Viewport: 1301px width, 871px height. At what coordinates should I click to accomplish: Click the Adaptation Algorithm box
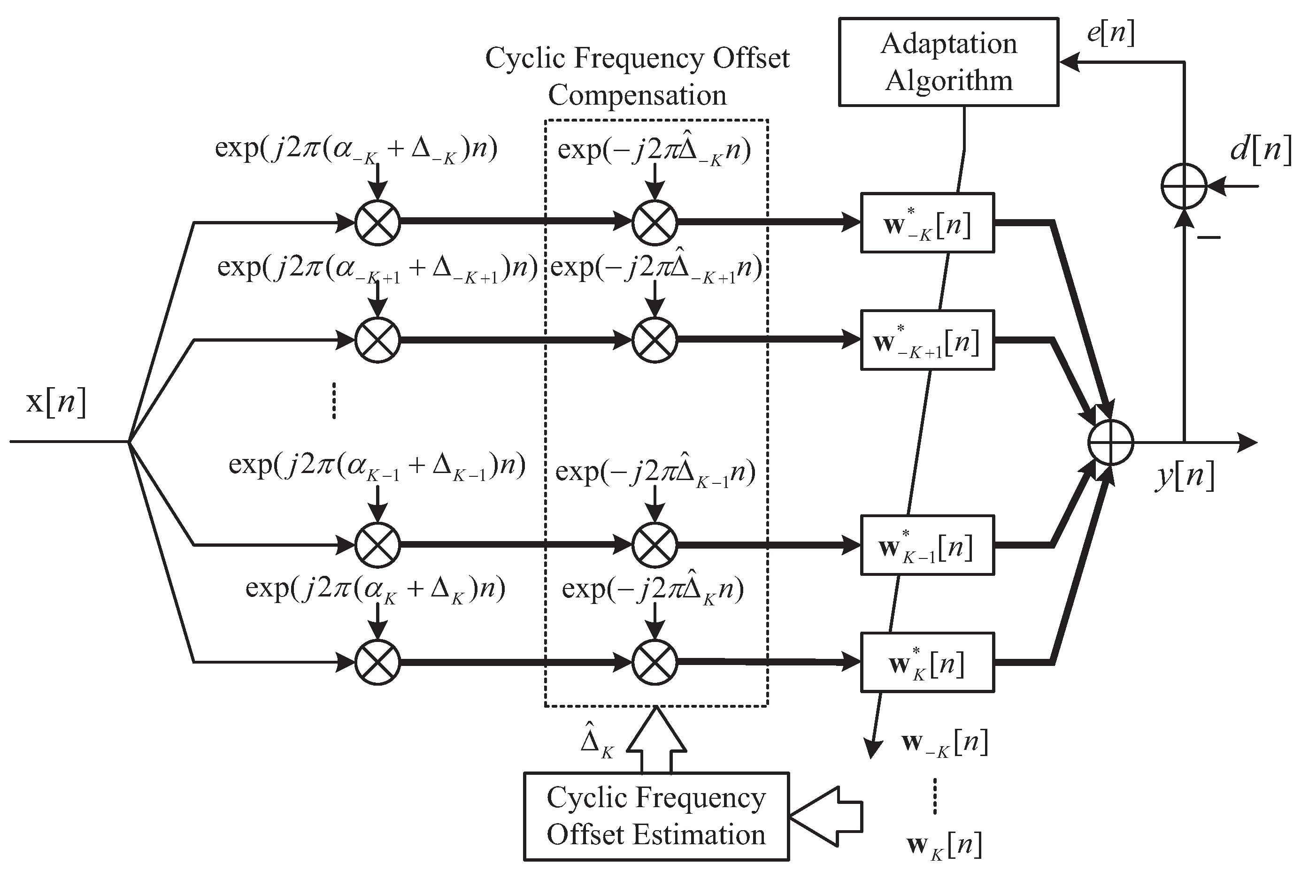coord(948,61)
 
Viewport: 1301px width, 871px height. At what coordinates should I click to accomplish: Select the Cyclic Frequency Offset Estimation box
coord(656,816)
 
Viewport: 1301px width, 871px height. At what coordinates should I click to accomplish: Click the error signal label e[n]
coord(1110,33)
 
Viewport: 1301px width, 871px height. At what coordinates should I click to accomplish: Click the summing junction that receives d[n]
coord(1184,186)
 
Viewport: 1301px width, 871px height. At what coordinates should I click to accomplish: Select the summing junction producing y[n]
coord(1110,442)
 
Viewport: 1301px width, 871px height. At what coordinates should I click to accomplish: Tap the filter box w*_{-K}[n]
coord(927,223)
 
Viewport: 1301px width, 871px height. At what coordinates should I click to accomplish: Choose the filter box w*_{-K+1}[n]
coord(927,340)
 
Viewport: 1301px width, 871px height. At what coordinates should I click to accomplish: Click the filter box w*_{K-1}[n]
coord(927,545)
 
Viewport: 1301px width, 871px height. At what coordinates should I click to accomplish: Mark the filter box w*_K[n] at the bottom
coord(927,662)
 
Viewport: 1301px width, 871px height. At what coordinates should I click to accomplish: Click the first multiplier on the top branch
coord(377,223)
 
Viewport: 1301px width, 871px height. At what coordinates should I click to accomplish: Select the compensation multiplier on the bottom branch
coord(654,662)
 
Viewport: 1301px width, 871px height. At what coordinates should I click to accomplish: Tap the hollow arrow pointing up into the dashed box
coord(656,739)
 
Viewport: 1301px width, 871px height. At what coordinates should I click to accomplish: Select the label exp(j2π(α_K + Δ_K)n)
coord(375,588)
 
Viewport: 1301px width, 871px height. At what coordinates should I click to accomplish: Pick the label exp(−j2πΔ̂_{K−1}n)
coord(655,471)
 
